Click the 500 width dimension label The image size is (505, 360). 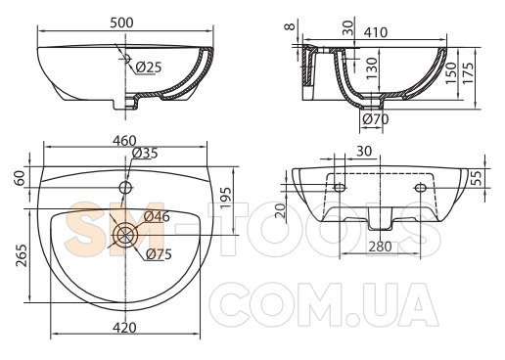[121, 22]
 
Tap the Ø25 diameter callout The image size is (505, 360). [149, 67]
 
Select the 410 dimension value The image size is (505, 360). [376, 32]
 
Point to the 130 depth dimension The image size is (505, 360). [371, 68]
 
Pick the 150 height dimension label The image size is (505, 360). [451, 73]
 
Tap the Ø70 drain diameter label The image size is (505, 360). [376, 119]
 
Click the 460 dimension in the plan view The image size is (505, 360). [124, 141]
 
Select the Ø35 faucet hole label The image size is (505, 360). [145, 153]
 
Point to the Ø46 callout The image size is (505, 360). [157, 216]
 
